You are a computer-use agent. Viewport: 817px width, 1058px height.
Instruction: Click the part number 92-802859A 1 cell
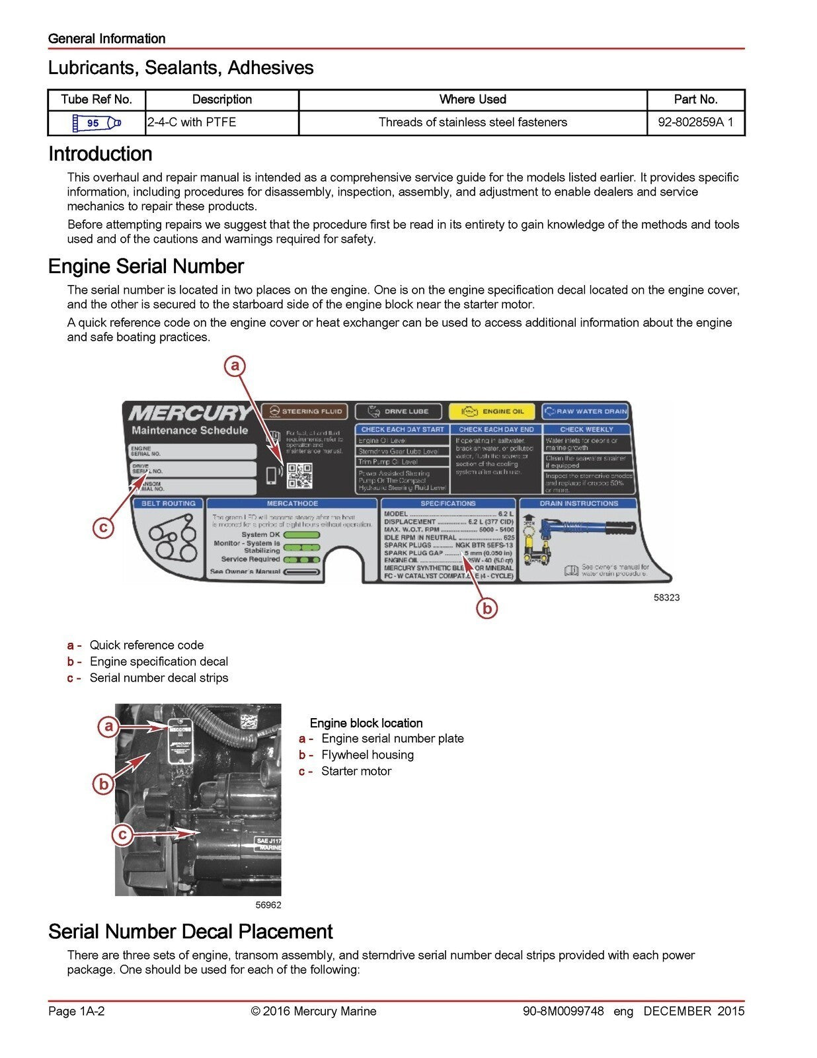pyautogui.click(x=695, y=122)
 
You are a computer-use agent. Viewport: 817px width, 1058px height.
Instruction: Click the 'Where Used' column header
pyautogui.click(x=473, y=100)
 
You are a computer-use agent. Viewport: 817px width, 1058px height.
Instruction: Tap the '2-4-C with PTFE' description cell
pyautogui.click(x=192, y=122)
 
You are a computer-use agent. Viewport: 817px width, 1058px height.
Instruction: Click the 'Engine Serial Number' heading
pyautogui.click(x=146, y=266)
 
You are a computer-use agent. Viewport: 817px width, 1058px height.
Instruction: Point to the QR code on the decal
pyautogui.click(x=299, y=475)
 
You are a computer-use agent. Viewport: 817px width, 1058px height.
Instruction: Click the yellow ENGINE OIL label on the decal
pyautogui.click(x=492, y=411)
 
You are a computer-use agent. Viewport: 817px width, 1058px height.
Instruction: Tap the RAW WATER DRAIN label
pyautogui.click(x=586, y=411)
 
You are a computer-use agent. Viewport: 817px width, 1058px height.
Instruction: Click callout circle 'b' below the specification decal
pyautogui.click(x=486, y=608)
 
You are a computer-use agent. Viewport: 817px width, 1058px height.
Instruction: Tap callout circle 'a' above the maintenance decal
pyautogui.click(x=235, y=366)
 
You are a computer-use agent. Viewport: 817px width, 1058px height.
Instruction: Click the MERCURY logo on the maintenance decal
pyautogui.click(x=190, y=414)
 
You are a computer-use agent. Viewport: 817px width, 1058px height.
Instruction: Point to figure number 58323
pyautogui.click(x=666, y=598)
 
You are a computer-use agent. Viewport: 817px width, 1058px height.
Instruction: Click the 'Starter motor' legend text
pyautogui.click(x=356, y=772)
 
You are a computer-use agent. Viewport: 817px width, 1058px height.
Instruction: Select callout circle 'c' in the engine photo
pyautogui.click(x=122, y=834)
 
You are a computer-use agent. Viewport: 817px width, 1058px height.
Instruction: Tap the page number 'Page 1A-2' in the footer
pyautogui.click(x=77, y=1011)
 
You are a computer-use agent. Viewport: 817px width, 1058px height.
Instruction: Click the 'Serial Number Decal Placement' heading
pyautogui.click(x=190, y=932)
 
